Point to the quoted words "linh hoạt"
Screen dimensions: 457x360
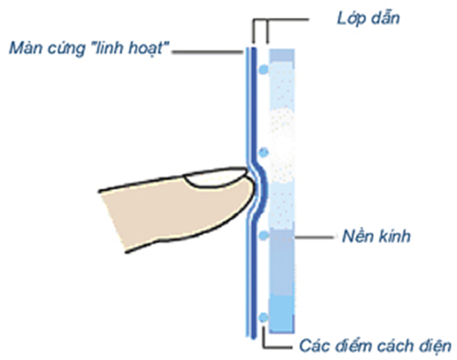pos(132,50)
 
